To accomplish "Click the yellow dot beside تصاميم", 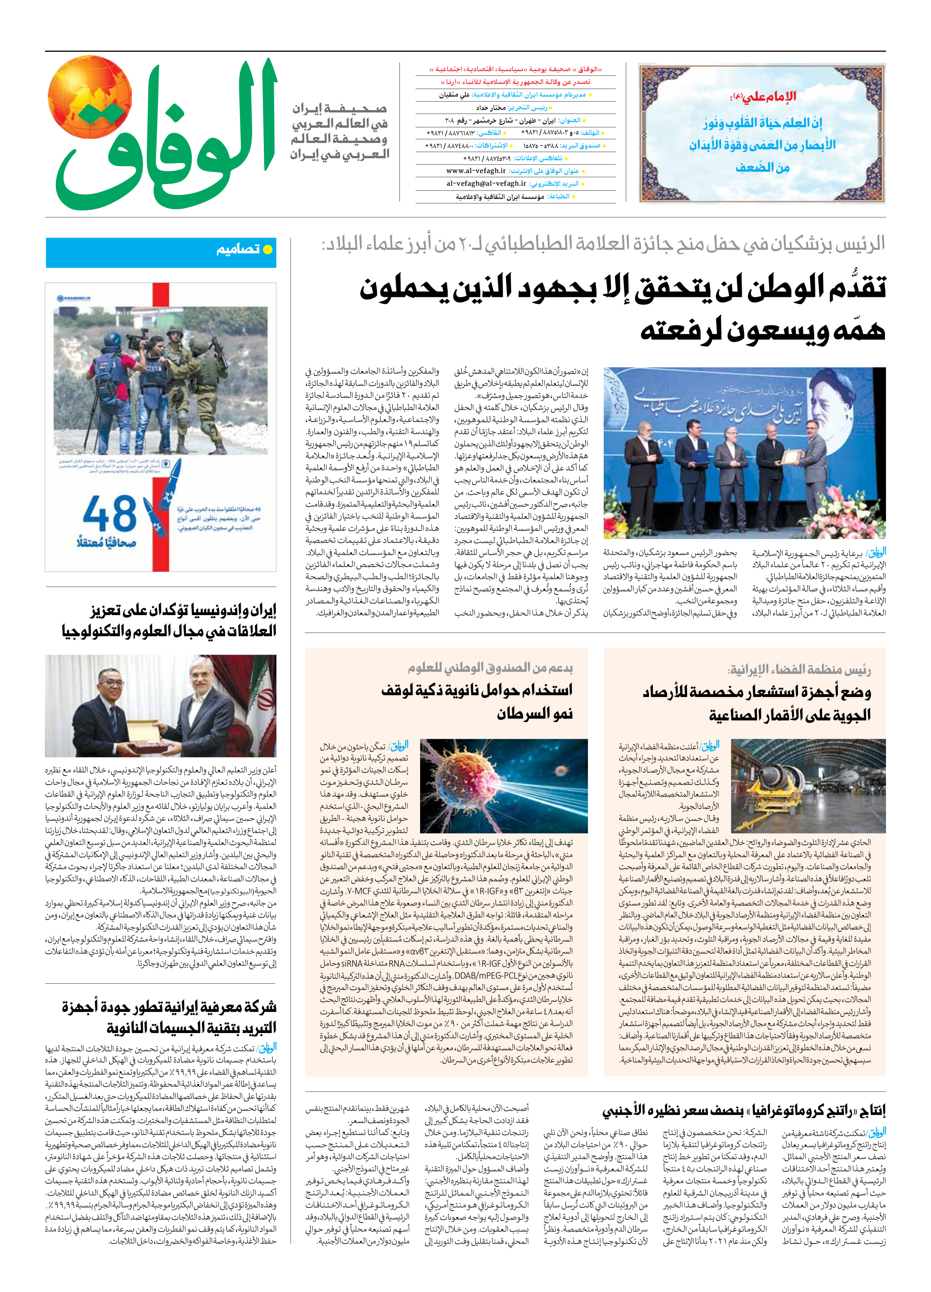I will coord(267,250).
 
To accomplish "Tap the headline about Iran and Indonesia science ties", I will coord(169,620).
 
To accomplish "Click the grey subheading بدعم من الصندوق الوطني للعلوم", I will coord(490,667).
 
